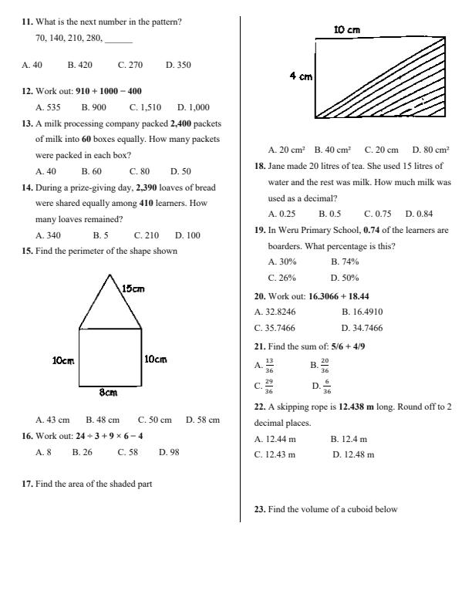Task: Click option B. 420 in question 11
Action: point(79,66)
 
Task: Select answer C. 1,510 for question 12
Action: point(145,107)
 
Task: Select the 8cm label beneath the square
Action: point(108,393)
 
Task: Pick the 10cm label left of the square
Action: point(63,360)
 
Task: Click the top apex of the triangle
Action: point(110,275)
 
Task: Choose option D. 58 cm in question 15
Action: point(202,420)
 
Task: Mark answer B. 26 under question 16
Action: point(82,452)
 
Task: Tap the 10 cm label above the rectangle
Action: point(346,29)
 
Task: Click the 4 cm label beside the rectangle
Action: point(301,76)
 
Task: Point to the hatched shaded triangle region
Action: point(409,93)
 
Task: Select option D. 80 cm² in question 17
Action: point(430,150)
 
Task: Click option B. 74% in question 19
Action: point(344,262)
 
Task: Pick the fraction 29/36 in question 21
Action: point(268,387)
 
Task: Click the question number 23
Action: point(259,509)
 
